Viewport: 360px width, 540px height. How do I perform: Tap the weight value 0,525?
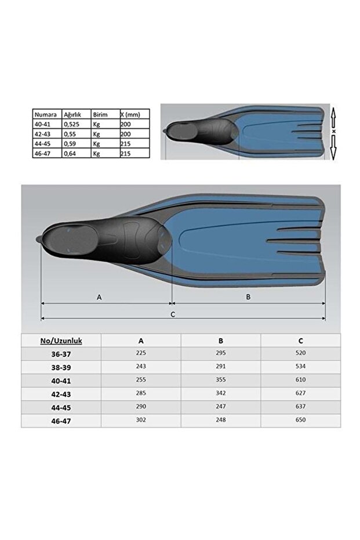(72, 124)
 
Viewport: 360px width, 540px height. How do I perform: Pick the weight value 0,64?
(70, 154)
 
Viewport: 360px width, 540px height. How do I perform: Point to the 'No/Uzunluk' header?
(61, 341)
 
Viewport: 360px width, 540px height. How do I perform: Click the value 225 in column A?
(141, 353)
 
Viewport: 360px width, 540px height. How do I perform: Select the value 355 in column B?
(221, 380)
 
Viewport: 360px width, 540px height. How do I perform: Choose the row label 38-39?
(61, 367)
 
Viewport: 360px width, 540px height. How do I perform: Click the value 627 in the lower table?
(300, 393)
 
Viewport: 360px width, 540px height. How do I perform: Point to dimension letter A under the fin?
(100, 296)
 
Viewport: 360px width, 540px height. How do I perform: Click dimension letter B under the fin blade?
(248, 296)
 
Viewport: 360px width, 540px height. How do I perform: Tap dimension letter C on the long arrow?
(173, 314)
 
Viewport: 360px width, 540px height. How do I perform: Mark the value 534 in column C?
(300, 367)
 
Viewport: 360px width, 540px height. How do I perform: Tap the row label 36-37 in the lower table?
(61, 353)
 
